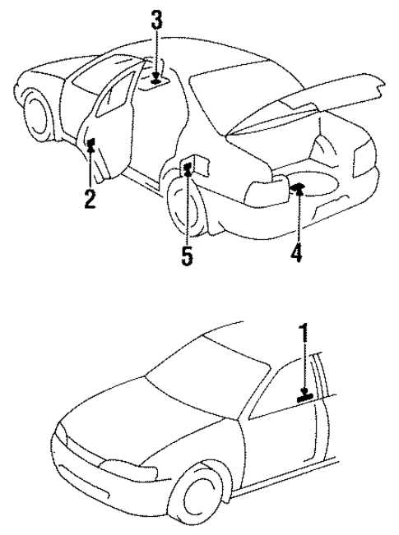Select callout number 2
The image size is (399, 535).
[x=89, y=198]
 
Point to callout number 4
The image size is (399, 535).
[x=296, y=252]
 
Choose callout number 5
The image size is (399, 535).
[x=188, y=256]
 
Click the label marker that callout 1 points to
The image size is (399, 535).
[x=305, y=396]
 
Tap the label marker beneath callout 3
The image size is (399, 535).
[x=156, y=81]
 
